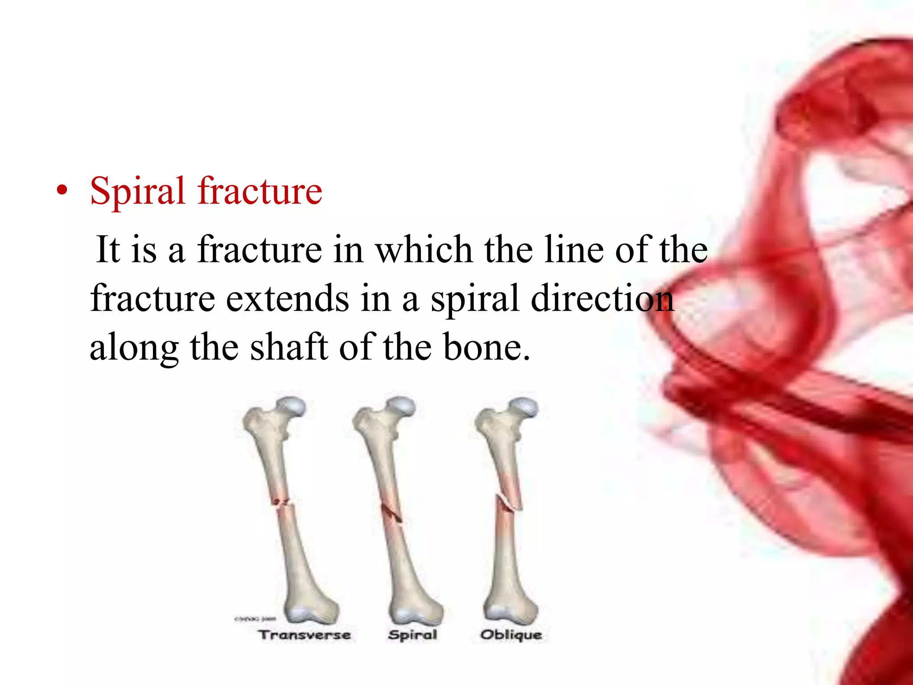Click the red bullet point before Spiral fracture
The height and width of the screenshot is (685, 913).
coord(62,190)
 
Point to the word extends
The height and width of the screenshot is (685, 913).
coord(287,299)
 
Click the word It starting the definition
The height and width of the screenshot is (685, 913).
coord(108,250)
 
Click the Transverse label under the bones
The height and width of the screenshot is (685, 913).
coord(305,635)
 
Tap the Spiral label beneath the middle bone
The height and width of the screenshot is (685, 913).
coord(412,635)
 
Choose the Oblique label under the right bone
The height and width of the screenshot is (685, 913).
coord(511,635)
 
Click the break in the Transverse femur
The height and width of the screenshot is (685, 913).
coord(282,503)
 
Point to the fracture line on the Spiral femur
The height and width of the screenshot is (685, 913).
coord(391,513)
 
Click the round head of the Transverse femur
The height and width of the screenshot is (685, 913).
coord(292,407)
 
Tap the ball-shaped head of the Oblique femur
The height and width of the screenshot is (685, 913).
coord(524,407)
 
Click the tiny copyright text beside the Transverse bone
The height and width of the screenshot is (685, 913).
coord(255,619)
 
